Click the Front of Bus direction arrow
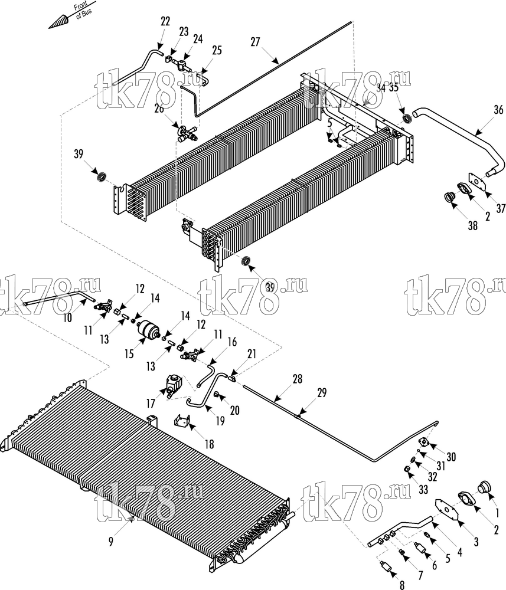(x=71, y=15)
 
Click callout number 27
(x=255, y=42)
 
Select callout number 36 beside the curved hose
(x=498, y=110)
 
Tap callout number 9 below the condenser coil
(x=110, y=542)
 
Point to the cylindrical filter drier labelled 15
(x=148, y=329)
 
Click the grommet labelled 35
(x=407, y=120)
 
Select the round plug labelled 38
(x=448, y=196)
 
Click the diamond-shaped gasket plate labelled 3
(x=447, y=510)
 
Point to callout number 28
(x=298, y=379)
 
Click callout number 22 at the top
(x=165, y=21)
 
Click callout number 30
(x=451, y=457)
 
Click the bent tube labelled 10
(x=60, y=297)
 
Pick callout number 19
(x=220, y=421)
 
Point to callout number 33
(x=423, y=490)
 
